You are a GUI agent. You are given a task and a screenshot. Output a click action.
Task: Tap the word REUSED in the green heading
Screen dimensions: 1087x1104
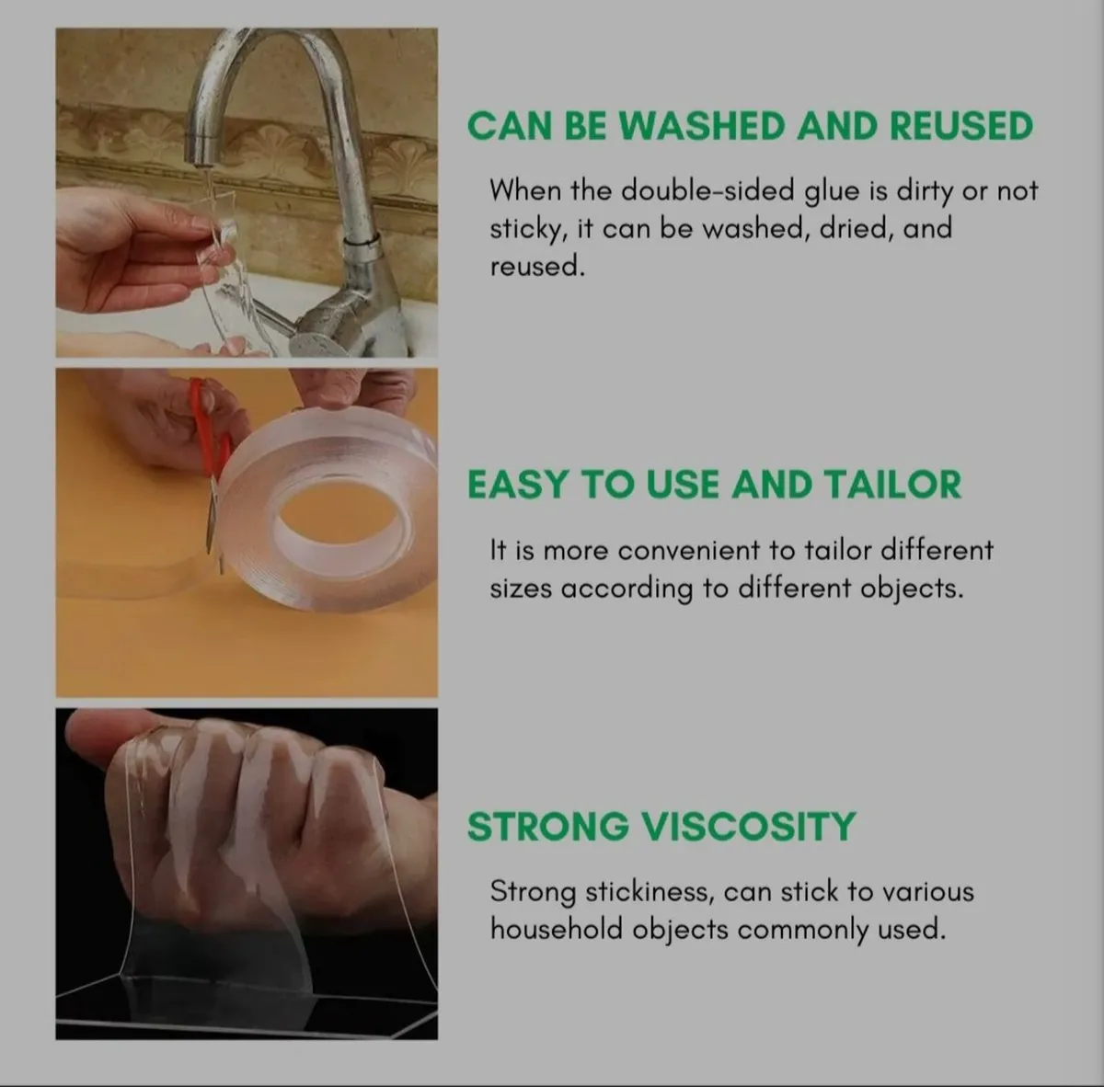tap(960, 126)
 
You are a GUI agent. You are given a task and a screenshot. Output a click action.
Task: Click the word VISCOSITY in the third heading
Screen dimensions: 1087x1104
tap(747, 826)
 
